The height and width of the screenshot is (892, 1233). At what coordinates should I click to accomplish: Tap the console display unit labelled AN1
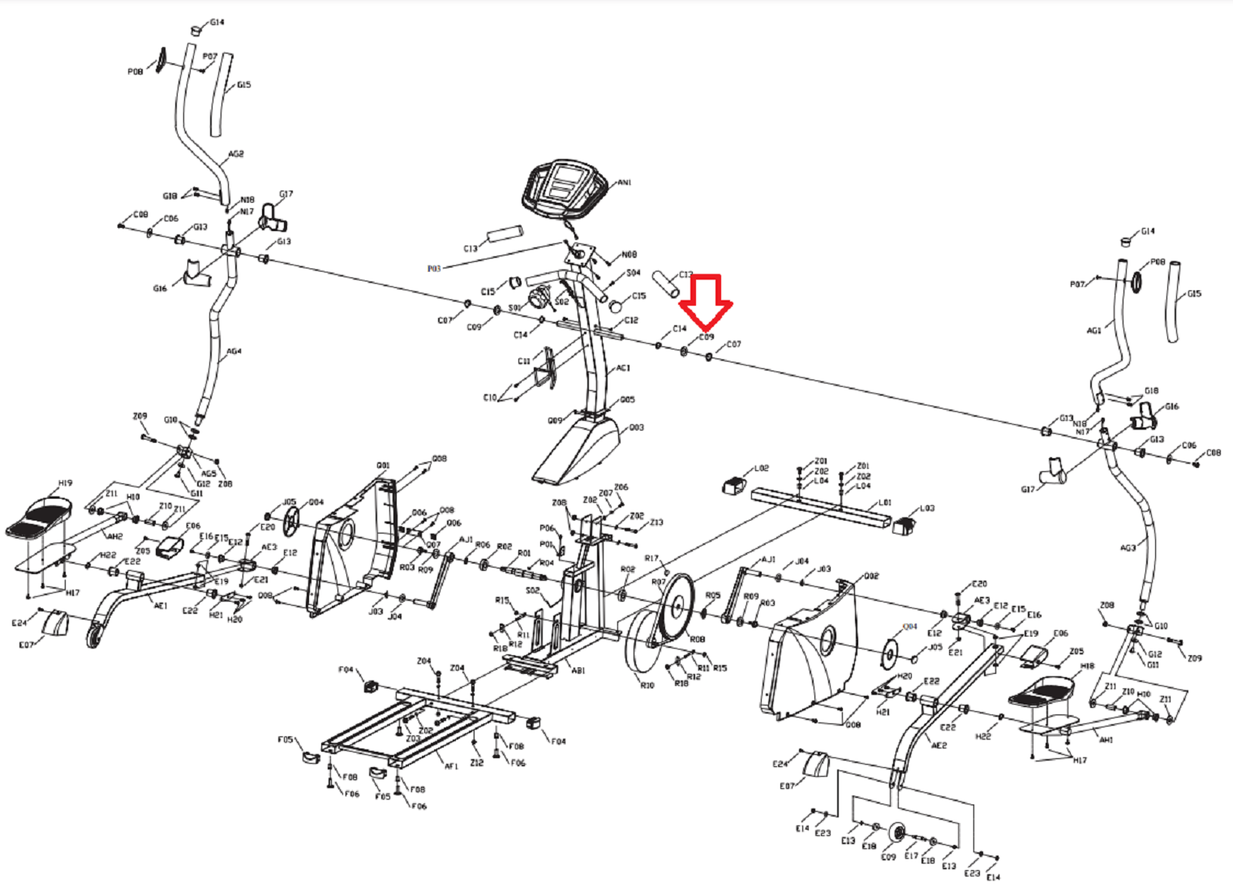pyautogui.click(x=565, y=187)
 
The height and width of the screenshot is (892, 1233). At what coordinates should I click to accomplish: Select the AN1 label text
pyautogui.click(x=624, y=182)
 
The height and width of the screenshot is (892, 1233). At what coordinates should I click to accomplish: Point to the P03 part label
pyautogui.click(x=434, y=268)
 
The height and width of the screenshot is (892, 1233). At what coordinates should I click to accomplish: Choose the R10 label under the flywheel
pyautogui.click(x=647, y=685)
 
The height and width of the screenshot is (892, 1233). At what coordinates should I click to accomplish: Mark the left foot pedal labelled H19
pyautogui.click(x=41, y=519)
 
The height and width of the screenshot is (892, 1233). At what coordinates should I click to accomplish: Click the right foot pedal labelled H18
pyautogui.click(x=1042, y=693)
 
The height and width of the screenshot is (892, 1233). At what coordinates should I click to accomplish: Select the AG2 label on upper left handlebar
pyautogui.click(x=235, y=154)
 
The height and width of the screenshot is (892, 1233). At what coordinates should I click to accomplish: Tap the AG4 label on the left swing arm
pyautogui.click(x=234, y=352)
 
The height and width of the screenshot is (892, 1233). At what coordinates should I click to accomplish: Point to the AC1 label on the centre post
pyautogui.click(x=623, y=368)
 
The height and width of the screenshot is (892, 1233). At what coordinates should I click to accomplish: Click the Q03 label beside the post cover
pyautogui.click(x=636, y=427)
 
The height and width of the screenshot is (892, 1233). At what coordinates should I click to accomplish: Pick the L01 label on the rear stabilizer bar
pyautogui.click(x=885, y=503)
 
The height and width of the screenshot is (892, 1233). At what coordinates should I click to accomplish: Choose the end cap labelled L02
pyautogui.click(x=735, y=484)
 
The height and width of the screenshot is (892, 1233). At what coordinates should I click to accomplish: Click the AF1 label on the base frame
pyautogui.click(x=451, y=765)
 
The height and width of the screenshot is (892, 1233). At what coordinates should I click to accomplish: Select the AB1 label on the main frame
pyautogui.click(x=578, y=671)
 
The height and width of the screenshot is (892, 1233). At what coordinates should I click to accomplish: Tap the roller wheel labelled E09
pyautogui.click(x=896, y=834)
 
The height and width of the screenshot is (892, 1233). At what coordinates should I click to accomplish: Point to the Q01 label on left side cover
pyautogui.click(x=383, y=465)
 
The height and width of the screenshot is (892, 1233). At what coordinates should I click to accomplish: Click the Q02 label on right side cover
pyautogui.click(x=871, y=577)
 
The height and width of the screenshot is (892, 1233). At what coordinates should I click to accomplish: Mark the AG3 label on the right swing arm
pyautogui.click(x=1128, y=548)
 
